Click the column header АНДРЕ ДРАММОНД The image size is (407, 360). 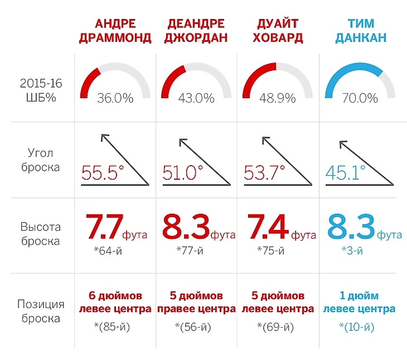coord(115,31)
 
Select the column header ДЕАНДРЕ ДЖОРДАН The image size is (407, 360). coord(196,31)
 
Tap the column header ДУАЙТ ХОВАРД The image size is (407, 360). coord(277,31)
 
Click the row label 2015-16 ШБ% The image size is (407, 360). coord(41,90)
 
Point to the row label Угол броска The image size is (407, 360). coord(41,159)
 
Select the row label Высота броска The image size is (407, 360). coord(41,234)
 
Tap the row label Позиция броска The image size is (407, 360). coord(41,311)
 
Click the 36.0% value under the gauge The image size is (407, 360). coord(115,98)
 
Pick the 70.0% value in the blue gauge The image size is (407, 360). coord(360,98)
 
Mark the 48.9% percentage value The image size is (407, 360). coord(277,98)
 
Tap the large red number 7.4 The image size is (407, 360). coord(267,226)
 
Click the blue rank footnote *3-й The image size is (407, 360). coord(352,250)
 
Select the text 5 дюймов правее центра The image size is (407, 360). coord(196,302)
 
